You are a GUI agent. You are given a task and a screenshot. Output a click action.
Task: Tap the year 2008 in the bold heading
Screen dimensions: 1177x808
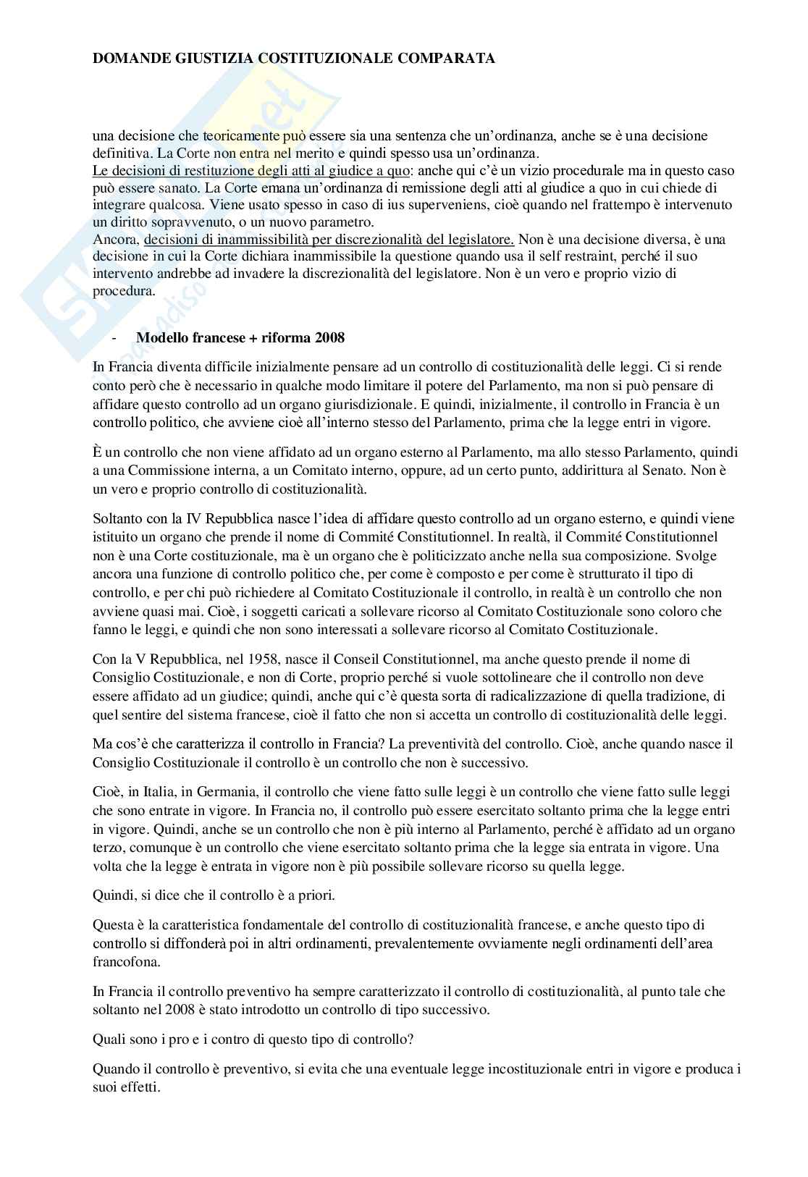330,338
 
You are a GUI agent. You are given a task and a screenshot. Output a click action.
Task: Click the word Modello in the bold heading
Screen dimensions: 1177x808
159,338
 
